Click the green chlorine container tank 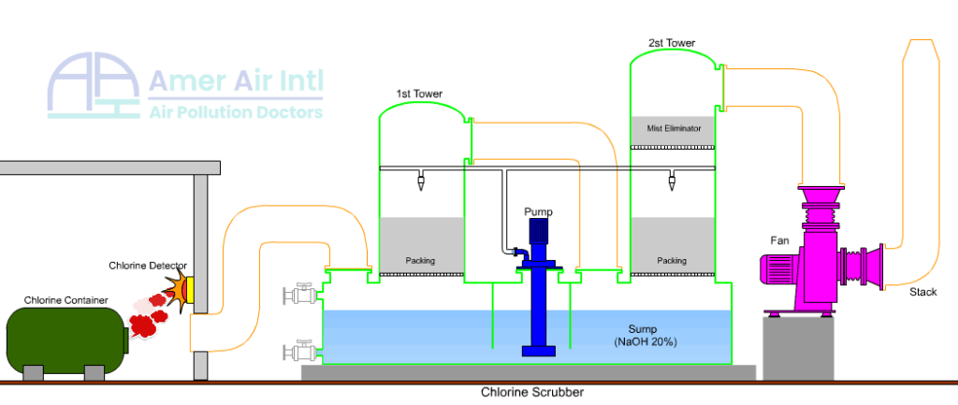point(67,340)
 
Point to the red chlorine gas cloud point(150,315)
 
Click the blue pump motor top point(537,231)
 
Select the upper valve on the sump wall point(300,295)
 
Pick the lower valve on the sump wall point(300,351)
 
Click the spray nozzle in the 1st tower point(421,182)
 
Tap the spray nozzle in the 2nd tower point(672,182)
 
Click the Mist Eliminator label point(674,128)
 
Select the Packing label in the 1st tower point(420,261)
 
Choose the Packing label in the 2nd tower point(672,261)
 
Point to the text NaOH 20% point(646,342)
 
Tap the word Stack point(922,292)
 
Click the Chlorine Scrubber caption point(532,393)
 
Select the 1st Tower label point(419,94)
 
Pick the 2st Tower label point(672,43)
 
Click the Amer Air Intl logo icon point(94,85)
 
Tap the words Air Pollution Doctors point(236,112)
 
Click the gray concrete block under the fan point(798,348)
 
